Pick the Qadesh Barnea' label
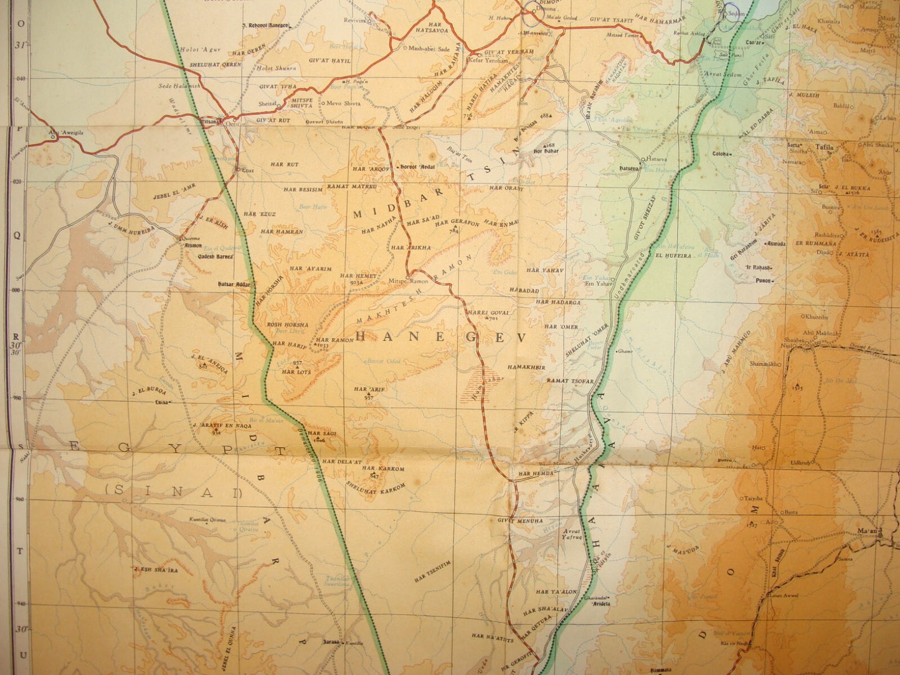click(216, 256)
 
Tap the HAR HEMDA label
click(531, 473)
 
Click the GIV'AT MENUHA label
click(520, 521)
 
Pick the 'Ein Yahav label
click(595, 284)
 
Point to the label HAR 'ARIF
click(367, 389)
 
